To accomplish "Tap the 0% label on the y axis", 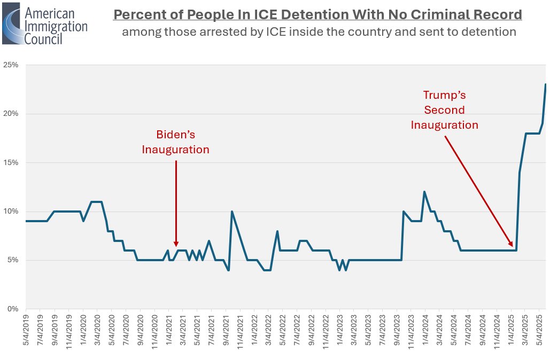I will (x=13, y=309).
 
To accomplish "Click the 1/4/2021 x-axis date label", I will (x=168, y=331).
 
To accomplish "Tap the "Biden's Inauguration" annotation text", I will (x=175, y=142).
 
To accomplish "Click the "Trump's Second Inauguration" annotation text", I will (x=444, y=110).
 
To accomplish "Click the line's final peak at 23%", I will (x=545, y=84).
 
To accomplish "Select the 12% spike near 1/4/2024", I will (x=424, y=192).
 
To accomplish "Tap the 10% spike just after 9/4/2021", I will (x=231, y=212).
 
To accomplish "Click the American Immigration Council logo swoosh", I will (x=12, y=24).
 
